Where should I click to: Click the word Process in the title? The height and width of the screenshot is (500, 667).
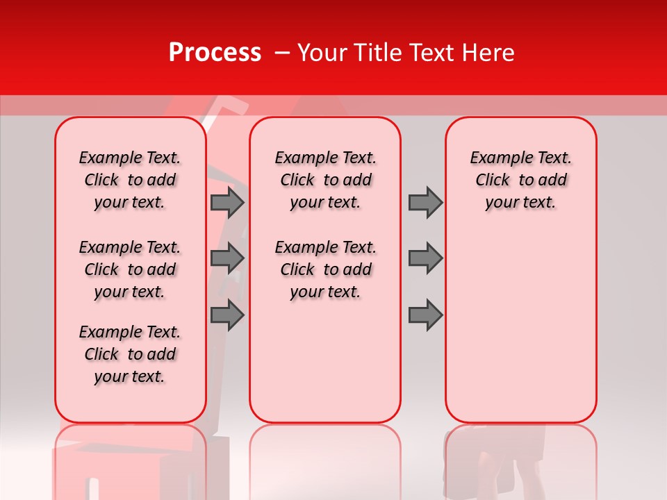click(x=215, y=53)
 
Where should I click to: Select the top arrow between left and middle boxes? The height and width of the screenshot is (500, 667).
click(x=227, y=203)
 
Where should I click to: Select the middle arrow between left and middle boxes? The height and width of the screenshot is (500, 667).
click(x=227, y=258)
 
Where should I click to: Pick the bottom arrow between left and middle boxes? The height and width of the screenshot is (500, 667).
click(x=227, y=315)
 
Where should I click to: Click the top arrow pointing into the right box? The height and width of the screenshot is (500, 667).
click(x=425, y=203)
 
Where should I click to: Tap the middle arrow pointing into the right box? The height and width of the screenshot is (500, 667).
click(x=425, y=258)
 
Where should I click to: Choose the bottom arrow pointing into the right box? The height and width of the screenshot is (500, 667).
click(x=425, y=315)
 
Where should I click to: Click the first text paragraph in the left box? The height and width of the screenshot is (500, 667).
click(x=130, y=180)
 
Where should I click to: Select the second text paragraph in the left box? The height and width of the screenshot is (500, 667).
click(x=130, y=269)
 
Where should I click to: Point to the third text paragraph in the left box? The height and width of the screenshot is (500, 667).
click(x=130, y=354)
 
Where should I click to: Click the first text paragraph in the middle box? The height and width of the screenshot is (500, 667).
click(x=326, y=180)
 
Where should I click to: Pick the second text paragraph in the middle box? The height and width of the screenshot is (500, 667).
click(x=326, y=269)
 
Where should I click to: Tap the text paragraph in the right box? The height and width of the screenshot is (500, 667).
click(x=521, y=180)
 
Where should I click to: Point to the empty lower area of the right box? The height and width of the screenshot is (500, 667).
click(x=521, y=326)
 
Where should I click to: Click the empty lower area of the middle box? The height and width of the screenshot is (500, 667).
click(x=325, y=361)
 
